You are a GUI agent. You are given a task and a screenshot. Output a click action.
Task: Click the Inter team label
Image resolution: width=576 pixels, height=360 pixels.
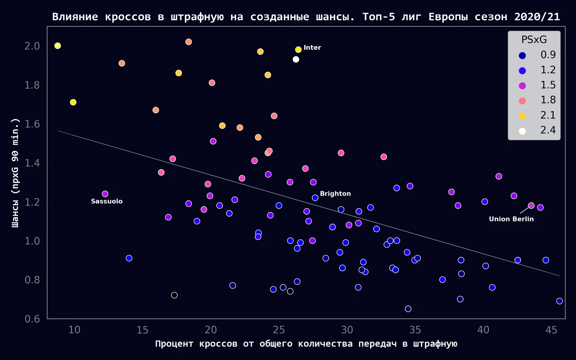coord(312,48)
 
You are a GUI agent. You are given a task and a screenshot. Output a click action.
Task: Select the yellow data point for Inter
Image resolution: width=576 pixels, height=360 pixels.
coord(298,50)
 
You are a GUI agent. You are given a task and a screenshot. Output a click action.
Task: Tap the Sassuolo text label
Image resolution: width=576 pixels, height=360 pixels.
coord(107,201)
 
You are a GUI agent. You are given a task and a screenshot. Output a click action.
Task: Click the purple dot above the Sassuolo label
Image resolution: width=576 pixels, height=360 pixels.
coord(105,194)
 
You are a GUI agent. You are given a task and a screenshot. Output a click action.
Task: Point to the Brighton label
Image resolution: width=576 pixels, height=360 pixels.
coord(335,194)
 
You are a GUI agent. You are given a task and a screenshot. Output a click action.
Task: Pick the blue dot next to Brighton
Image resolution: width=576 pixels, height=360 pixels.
coord(315,198)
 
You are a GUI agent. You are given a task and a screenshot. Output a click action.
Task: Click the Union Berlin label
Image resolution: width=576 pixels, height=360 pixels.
coord(511,219)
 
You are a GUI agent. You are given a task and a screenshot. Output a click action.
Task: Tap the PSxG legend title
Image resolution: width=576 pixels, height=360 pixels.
coord(534,39)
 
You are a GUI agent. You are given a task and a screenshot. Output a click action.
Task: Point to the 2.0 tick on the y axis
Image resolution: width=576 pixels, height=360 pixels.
coord(32,46)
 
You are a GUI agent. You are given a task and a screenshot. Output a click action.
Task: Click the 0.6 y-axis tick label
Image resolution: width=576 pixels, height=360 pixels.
coord(32,319)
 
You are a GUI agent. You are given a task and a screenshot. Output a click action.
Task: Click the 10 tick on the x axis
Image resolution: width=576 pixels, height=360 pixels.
coord(74,330)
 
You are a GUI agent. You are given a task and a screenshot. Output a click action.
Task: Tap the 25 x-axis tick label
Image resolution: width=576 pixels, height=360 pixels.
coord(279,330)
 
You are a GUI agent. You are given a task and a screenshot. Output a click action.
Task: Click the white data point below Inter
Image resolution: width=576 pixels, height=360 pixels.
coord(296,60)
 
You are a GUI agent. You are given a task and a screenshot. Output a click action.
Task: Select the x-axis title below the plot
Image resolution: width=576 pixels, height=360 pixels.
coord(306,344)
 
